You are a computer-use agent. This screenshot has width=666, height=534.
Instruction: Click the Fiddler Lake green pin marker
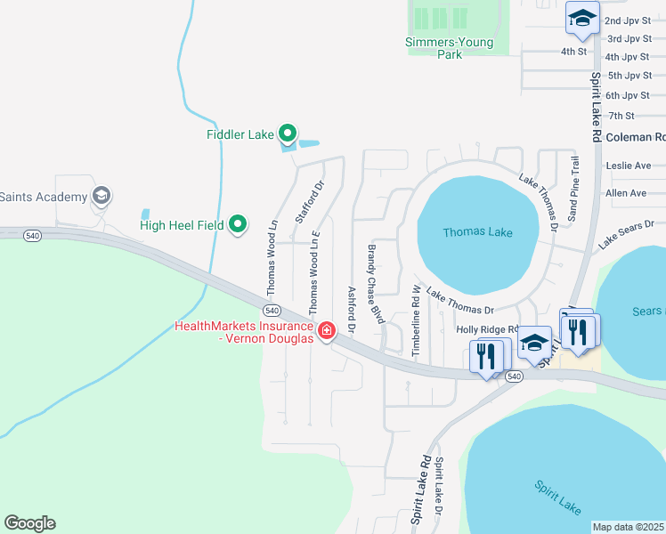point(287,134)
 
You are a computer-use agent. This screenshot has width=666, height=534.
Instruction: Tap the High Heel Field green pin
point(238,224)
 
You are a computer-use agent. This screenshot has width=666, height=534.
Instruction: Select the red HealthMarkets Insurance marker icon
point(327,331)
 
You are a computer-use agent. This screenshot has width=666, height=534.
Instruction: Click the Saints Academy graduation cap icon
point(102,196)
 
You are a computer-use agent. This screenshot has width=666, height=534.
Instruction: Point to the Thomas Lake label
point(477,232)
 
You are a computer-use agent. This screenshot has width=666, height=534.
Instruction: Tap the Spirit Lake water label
point(558,497)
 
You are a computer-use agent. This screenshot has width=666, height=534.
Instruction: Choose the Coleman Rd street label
point(635,137)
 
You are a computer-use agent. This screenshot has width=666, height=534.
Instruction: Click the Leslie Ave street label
point(628,166)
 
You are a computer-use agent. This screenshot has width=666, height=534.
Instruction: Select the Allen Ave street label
point(625,193)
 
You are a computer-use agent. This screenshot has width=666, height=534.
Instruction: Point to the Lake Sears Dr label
point(626,234)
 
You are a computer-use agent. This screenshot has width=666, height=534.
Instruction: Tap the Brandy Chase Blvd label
point(378,285)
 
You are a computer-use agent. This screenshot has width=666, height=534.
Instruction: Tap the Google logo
point(29,523)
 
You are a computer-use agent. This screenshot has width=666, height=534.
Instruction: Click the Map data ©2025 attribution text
point(629,527)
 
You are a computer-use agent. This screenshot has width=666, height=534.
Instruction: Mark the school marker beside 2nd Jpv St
point(582,19)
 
